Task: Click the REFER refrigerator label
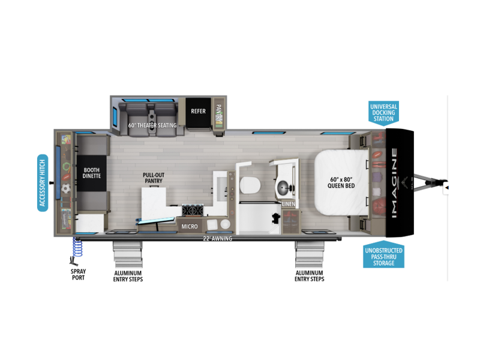(x=198, y=111)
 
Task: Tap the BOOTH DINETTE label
(x=92, y=173)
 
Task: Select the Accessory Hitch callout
(x=43, y=183)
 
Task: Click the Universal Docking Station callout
(x=383, y=113)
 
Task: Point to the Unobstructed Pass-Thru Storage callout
(x=383, y=257)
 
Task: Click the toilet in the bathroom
(x=250, y=185)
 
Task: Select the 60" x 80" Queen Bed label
(x=341, y=183)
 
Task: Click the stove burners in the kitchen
(x=193, y=210)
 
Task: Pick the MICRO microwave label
(x=190, y=227)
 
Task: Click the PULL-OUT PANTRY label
(x=154, y=178)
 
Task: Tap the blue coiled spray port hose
(x=77, y=247)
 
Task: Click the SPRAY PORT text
(x=78, y=275)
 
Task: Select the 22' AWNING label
(x=218, y=238)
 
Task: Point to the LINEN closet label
(x=289, y=204)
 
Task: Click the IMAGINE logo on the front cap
(x=395, y=183)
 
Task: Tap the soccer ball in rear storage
(x=66, y=188)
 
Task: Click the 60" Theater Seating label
(x=152, y=125)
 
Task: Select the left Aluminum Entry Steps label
(x=128, y=276)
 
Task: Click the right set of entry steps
(x=310, y=254)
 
